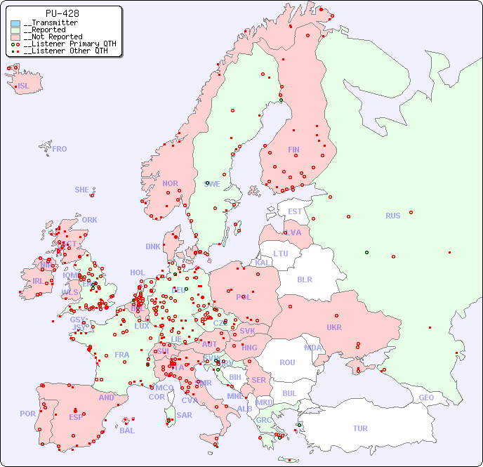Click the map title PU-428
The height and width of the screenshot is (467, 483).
62,13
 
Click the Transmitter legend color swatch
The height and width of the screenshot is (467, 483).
15,23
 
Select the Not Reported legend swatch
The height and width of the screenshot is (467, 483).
15,37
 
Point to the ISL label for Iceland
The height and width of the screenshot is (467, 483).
24,86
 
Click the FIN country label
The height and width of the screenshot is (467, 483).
293,150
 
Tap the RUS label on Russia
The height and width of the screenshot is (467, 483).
392,216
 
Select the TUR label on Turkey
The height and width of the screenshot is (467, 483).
360,428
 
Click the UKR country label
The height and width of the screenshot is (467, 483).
334,327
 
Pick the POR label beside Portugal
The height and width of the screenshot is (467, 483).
27,414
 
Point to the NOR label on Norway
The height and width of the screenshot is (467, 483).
170,183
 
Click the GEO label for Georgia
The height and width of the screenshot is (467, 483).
426,397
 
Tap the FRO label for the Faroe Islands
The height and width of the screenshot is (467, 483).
60,149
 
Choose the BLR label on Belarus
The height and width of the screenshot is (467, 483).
304,279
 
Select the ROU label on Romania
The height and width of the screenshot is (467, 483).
287,362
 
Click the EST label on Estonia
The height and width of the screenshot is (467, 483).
295,211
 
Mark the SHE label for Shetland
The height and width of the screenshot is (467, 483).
82,190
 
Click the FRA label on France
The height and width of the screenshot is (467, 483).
122,355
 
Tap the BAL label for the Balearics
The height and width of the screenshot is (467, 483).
127,430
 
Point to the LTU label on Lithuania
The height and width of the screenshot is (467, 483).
281,254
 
